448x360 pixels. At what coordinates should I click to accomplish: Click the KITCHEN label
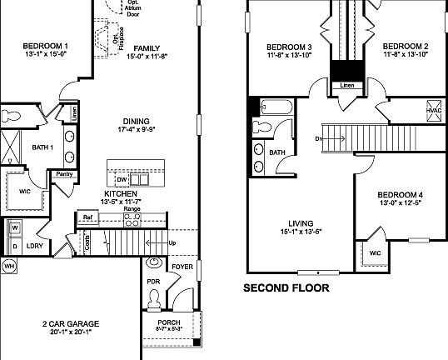[x=122, y=193]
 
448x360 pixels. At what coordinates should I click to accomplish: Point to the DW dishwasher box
[x=122, y=179]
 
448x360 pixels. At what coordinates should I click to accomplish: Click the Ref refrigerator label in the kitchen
[x=87, y=217]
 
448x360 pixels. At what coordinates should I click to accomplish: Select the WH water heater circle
[x=9, y=266]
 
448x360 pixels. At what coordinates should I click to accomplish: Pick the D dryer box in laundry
[x=14, y=247]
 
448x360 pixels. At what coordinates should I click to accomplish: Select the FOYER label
[x=182, y=267]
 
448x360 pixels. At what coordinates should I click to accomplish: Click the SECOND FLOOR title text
[x=286, y=288]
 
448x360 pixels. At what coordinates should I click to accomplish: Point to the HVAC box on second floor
[x=433, y=111]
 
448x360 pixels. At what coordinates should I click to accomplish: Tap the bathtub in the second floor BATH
[x=274, y=107]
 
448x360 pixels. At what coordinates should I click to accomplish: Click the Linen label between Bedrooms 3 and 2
[x=346, y=84]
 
